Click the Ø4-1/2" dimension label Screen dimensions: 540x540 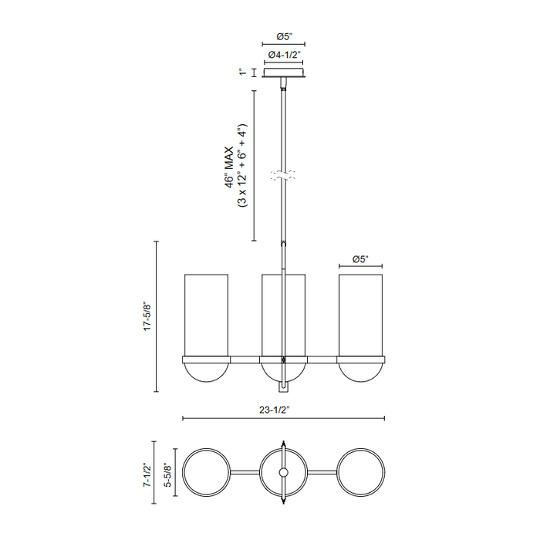[285, 55]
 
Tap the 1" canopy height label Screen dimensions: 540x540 [244, 73]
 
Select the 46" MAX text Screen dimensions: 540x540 [229, 167]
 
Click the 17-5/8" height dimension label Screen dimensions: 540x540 [148, 317]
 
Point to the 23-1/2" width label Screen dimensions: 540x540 [275, 410]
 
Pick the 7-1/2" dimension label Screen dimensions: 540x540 [147, 474]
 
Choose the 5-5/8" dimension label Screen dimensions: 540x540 [167, 474]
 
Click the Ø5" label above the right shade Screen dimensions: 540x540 [360, 259]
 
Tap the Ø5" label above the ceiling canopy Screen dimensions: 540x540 [284, 36]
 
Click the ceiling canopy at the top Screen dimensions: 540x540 [283, 73]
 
